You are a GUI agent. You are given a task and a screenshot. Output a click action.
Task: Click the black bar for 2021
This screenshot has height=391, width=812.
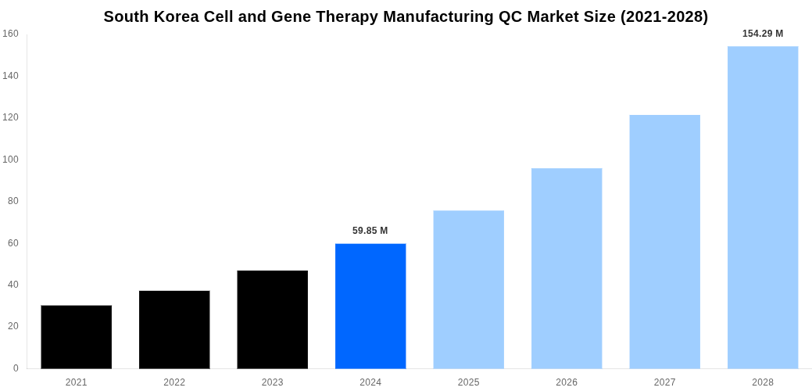[x=76, y=337]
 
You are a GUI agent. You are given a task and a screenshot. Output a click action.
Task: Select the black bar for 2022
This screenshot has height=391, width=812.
[x=174, y=329]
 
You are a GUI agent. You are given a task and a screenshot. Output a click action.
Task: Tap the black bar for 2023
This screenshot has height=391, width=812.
[x=272, y=319]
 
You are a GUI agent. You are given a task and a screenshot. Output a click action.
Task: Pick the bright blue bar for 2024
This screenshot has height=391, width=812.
[x=370, y=306]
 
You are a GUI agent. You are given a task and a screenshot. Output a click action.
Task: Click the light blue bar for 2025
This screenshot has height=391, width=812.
[x=468, y=289]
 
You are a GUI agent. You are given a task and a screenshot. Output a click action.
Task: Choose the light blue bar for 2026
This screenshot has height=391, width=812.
[x=567, y=268]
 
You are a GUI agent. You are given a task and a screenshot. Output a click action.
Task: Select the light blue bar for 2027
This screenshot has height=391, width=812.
[x=664, y=242]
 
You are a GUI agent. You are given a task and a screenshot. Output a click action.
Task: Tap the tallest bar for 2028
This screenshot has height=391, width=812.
[x=763, y=207]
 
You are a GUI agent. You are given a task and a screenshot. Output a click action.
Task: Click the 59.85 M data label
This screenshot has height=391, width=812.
[x=370, y=231]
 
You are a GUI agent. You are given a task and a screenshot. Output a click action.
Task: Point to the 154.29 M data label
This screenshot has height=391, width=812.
[x=762, y=34]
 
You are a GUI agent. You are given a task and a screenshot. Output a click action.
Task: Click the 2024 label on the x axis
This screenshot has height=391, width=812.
[x=370, y=382]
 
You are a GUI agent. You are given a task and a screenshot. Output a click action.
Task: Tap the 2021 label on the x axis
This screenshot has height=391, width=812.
[x=76, y=382]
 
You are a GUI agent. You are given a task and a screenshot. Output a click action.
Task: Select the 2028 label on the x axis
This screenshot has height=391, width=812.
[x=763, y=382]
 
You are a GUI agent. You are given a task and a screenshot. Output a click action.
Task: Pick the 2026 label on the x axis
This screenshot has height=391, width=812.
[x=567, y=382]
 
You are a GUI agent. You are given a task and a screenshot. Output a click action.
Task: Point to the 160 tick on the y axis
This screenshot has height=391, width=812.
[x=10, y=34]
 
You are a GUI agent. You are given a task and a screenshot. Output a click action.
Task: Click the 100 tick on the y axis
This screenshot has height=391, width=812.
[x=10, y=160]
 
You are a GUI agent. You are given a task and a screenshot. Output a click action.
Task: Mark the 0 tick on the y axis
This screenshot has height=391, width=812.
[x=16, y=368]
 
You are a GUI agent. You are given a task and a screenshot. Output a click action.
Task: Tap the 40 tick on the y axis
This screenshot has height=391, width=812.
[x=13, y=285]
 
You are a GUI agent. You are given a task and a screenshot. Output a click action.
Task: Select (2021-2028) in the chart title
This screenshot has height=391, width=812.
[x=664, y=16]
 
